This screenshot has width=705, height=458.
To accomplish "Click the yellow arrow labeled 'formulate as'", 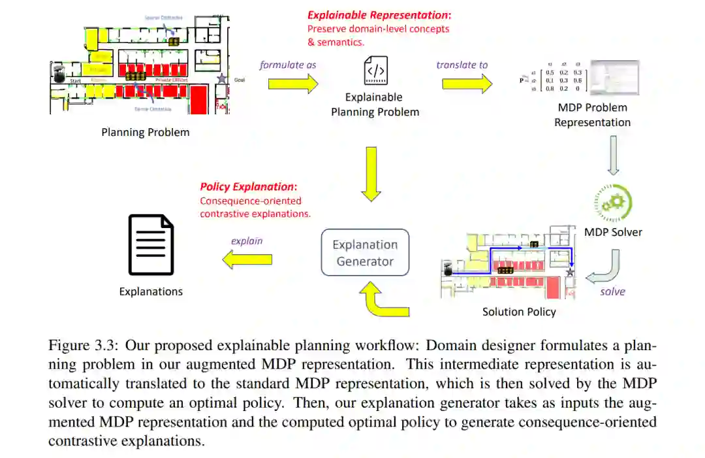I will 292,84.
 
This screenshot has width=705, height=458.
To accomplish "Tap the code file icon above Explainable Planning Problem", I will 375,70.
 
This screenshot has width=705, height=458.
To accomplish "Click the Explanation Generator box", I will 365,253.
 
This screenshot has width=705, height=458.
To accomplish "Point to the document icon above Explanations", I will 151,245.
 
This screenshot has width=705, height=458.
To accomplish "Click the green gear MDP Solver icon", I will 613,203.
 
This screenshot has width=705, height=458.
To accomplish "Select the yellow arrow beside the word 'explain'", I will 247,260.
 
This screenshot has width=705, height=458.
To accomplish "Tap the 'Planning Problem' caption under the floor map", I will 145,133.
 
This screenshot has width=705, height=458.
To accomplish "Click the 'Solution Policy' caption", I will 519,312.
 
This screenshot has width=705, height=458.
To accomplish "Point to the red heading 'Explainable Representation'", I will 379,15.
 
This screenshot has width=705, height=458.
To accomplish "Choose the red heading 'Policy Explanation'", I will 248,187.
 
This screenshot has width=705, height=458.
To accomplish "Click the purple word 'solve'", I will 612,291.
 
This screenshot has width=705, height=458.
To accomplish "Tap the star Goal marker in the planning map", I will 222,78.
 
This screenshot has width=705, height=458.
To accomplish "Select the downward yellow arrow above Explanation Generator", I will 371,173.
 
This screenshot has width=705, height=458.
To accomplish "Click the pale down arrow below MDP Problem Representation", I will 613,155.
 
